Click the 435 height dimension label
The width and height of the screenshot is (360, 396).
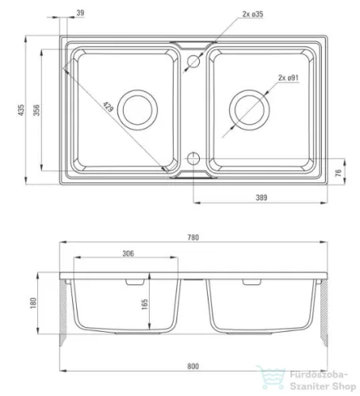tap(21, 110)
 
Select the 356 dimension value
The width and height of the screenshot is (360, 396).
tap(36, 110)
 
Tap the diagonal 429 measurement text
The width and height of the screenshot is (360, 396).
tap(108, 107)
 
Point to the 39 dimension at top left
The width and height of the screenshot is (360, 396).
tap(80, 13)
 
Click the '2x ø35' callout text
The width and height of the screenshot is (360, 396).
tap(253, 14)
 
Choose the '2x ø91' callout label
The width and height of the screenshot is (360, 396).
tap(288, 78)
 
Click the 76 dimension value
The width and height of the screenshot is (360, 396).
tap(338, 173)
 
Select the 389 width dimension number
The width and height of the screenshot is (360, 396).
tap(261, 197)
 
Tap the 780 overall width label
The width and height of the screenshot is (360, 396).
tap(193, 238)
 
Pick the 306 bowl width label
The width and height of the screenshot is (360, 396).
tap(128, 253)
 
